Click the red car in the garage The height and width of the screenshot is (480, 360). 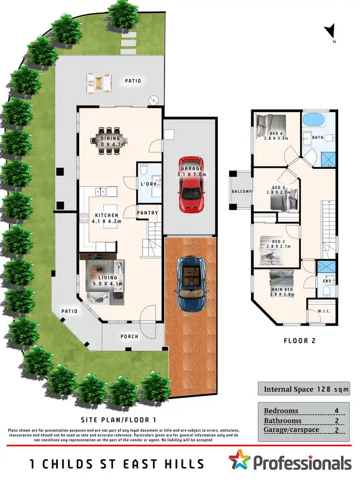click(x=191, y=184)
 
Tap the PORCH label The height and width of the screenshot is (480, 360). click(x=129, y=336)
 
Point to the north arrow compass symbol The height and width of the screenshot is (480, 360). click(x=330, y=34)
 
